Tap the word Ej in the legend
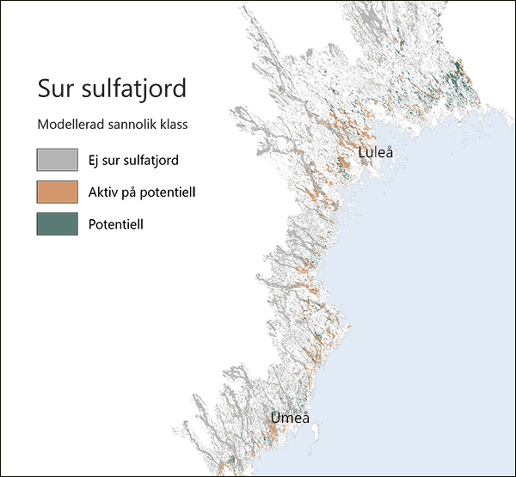tap(95, 160)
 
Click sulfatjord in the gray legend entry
tap(153, 160)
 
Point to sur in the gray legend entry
tap(114, 160)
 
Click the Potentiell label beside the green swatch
tap(115, 224)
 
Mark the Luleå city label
tap(376, 153)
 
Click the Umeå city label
tap(289, 419)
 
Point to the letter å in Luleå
tap(389, 153)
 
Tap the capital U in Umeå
tap(275, 419)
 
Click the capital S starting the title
tap(44, 89)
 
